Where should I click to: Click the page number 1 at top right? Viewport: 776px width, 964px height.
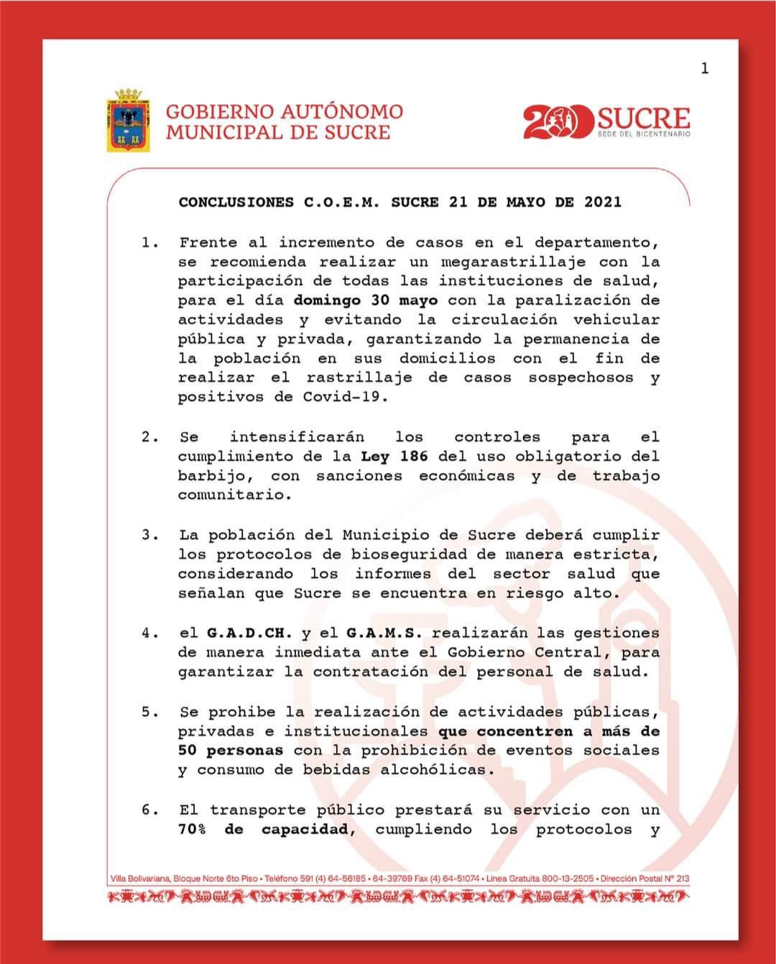click(x=704, y=68)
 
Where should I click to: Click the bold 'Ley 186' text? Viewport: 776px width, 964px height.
click(x=394, y=456)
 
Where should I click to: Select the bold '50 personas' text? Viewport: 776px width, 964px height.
click(x=230, y=750)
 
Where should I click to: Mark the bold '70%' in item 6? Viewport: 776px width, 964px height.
click(x=192, y=830)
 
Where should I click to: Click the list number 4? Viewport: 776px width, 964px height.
click(x=148, y=633)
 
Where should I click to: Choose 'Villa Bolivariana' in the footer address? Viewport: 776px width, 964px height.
click(x=140, y=878)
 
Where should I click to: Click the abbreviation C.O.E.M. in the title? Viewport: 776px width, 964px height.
click(x=341, y=202)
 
